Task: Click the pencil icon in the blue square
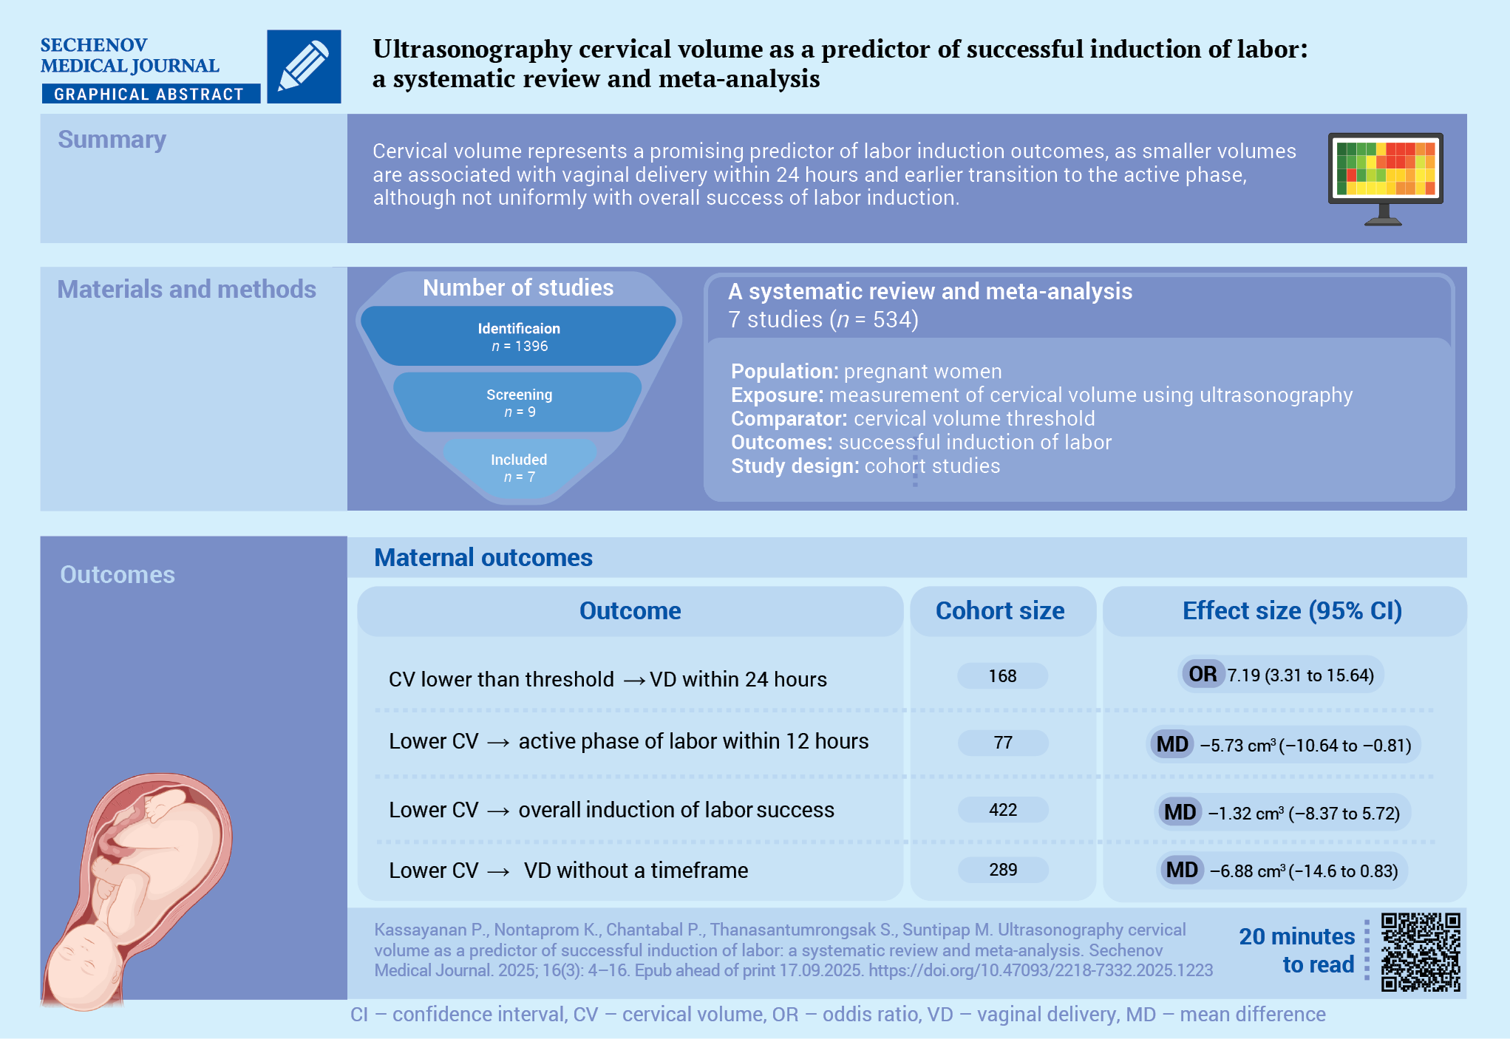click(304, 66)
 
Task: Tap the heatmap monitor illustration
click(1385, 179)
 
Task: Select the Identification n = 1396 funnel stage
click(519, 336)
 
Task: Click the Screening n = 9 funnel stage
click(519, 402)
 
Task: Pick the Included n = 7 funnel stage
click(519, 468)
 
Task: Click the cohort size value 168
click(1002, 675)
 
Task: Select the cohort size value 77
click(1002, 743)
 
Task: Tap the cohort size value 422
click(1002, 810)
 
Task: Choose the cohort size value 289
click(1002, 870)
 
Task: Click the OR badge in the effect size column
click(1202, 674)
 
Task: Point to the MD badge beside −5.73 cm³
click(1172, 744)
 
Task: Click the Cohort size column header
click(1000, 610)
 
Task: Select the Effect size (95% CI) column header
click(1292, 610)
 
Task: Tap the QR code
click(1421, 952)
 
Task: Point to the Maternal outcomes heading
click(483, 557)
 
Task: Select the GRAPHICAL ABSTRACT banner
click(151, 94)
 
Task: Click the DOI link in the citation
click(1041, 970)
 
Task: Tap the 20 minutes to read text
click(1297, 950)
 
